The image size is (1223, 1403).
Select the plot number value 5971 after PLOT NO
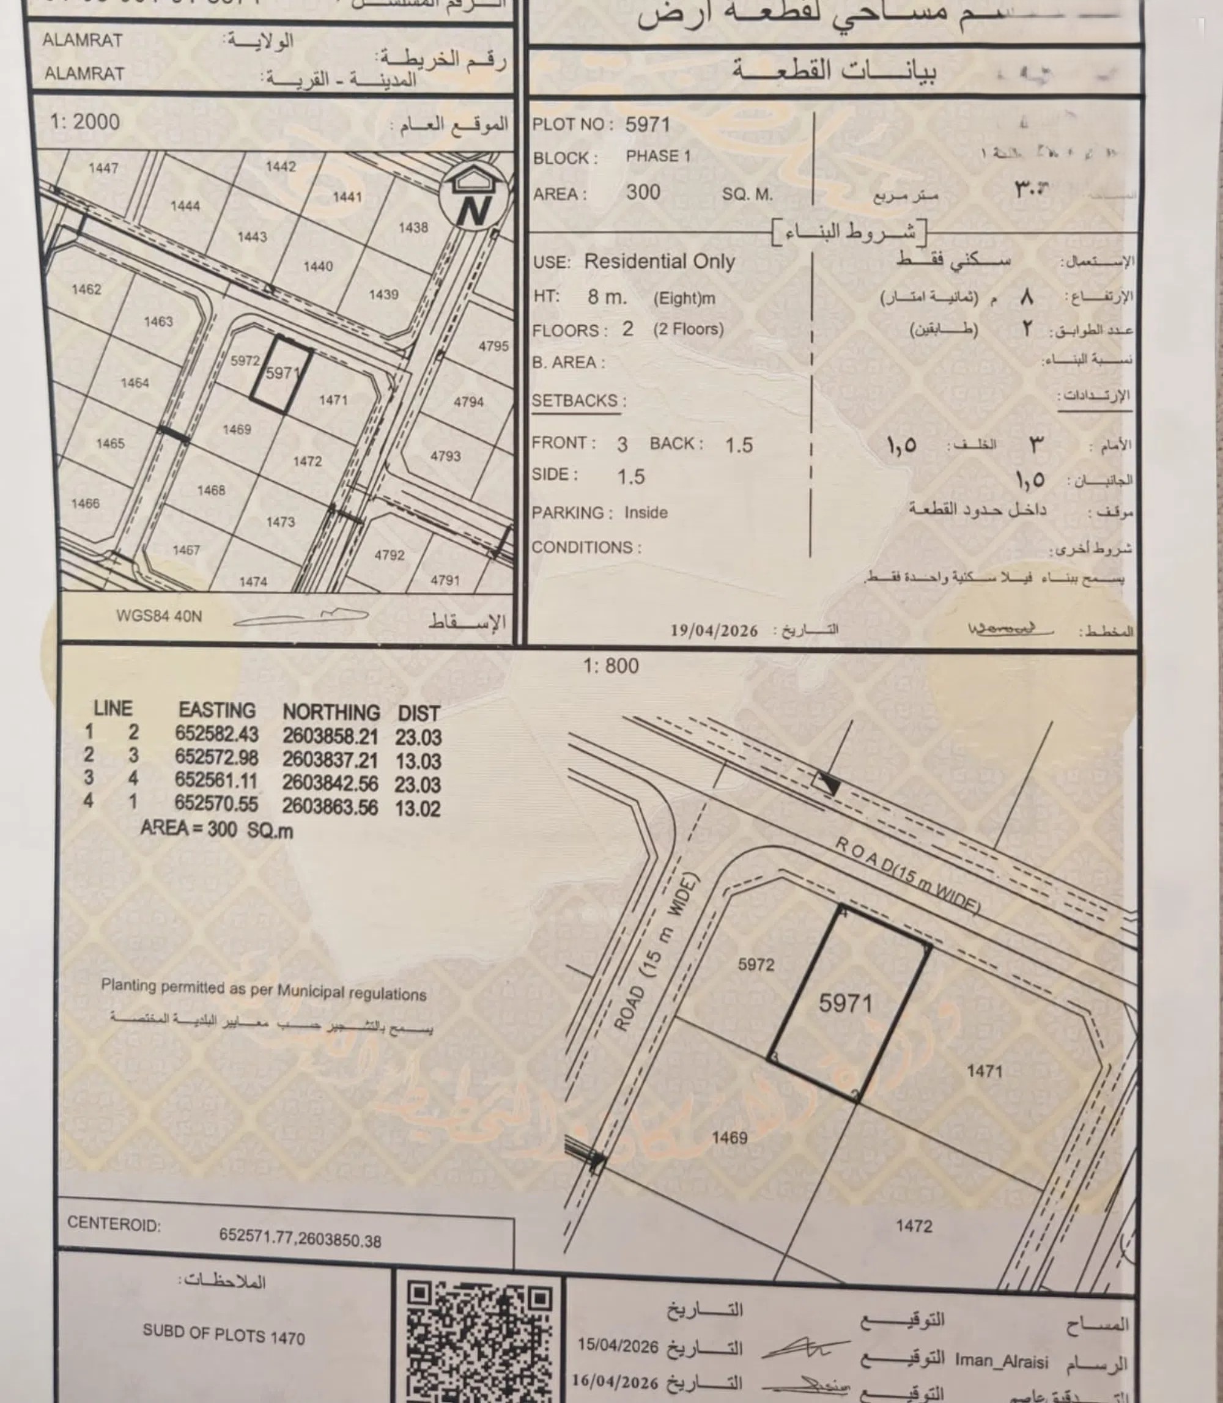tap(647, 124)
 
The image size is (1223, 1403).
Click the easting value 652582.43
tap(217, 733)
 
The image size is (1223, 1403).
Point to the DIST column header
tap(418, 713)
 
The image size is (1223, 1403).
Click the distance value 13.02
tap(418, 809)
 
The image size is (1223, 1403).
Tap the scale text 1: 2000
tap(84, 122)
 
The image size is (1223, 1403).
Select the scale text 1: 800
tap(611, 665)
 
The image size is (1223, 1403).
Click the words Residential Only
tap(659, 262)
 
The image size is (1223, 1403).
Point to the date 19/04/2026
tap(714, 630)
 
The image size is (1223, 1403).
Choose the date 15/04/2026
tap(618, 1346)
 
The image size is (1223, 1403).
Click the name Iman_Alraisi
tap(1001, 1361)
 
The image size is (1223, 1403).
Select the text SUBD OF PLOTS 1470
tap(223, 1334)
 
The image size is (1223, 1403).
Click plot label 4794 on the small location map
tap(469, 402)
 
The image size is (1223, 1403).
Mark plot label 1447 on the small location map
tap(103, 168)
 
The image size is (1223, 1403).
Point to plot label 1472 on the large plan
tap(914, 1226)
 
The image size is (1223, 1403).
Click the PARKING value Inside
tap(646, 512)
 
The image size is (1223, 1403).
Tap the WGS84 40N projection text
tap(159, 616)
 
